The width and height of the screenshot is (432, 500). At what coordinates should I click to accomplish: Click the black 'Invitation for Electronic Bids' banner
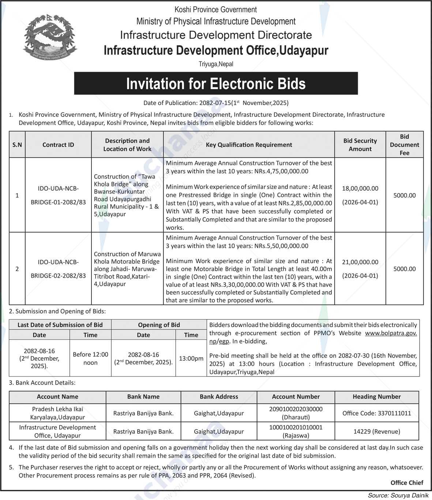[x=216, y=84]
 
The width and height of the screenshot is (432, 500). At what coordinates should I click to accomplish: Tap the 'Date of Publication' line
[x=216, y=103]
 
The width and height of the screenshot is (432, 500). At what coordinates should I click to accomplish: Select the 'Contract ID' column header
[x=58, y=145]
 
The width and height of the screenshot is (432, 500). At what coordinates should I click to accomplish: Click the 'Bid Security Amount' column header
[x=360, y=145]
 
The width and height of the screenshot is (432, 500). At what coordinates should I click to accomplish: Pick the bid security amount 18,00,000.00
[x=360, y=189]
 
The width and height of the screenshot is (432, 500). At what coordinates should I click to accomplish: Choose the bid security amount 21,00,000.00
[x=360, y=262]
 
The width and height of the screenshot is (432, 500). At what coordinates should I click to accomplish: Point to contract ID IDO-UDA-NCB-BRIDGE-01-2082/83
[x=58, y=195]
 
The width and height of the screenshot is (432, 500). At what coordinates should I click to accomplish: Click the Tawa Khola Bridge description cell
[x=127, y=195]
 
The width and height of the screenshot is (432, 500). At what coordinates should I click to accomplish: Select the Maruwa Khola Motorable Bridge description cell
[x=127, y=269]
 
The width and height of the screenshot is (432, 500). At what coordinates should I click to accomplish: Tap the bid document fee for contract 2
[x=404, y=269]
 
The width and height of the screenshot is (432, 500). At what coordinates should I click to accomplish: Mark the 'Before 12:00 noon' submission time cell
[x=90, y=359]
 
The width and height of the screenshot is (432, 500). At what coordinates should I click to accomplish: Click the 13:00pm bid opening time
[x=191, y=359]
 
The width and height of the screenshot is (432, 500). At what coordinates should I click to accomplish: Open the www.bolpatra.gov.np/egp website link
[x=391, y=333]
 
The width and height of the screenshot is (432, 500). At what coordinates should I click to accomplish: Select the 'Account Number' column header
[x=296, y=397]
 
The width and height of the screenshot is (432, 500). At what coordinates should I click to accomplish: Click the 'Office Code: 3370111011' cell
[x=376, y=413]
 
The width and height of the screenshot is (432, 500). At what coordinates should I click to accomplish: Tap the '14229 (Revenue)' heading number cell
[x=376, y=432]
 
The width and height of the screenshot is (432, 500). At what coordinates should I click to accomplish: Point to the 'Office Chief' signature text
[x=406, y=483]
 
